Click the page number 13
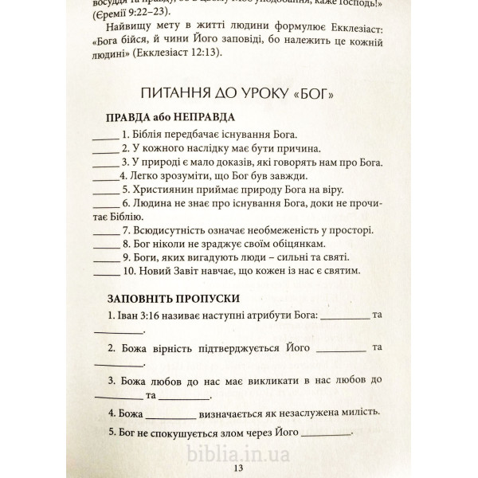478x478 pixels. (x=238, y=468)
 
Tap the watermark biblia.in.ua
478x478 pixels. (x=238, y=454)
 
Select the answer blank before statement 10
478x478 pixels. (x=106, y=273)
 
